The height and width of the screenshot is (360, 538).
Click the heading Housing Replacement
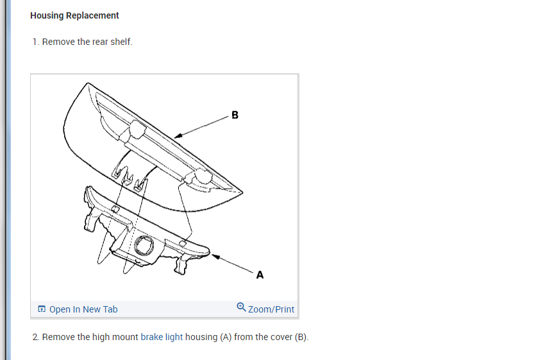[74, 15]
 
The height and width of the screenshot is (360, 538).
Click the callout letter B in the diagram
[235, 116]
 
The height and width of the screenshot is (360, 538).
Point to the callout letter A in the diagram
[260, 275]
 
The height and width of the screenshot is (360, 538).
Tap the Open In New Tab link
[83, 309]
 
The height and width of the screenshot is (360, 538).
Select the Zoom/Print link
[271, 309]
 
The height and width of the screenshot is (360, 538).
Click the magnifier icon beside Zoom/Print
[241, 307]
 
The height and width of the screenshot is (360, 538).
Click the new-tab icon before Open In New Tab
[42, 309]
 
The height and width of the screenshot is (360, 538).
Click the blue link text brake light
[162, 337]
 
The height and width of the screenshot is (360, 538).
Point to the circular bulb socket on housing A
[143, 245]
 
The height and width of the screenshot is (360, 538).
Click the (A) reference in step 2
[225, 337]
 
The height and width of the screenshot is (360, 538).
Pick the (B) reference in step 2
[301, 337]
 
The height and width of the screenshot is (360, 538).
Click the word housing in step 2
[201, 337]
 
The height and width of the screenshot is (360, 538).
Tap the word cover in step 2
[281, 337]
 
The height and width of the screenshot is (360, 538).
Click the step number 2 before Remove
[35, 337]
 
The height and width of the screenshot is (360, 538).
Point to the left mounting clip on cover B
[136, 129]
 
